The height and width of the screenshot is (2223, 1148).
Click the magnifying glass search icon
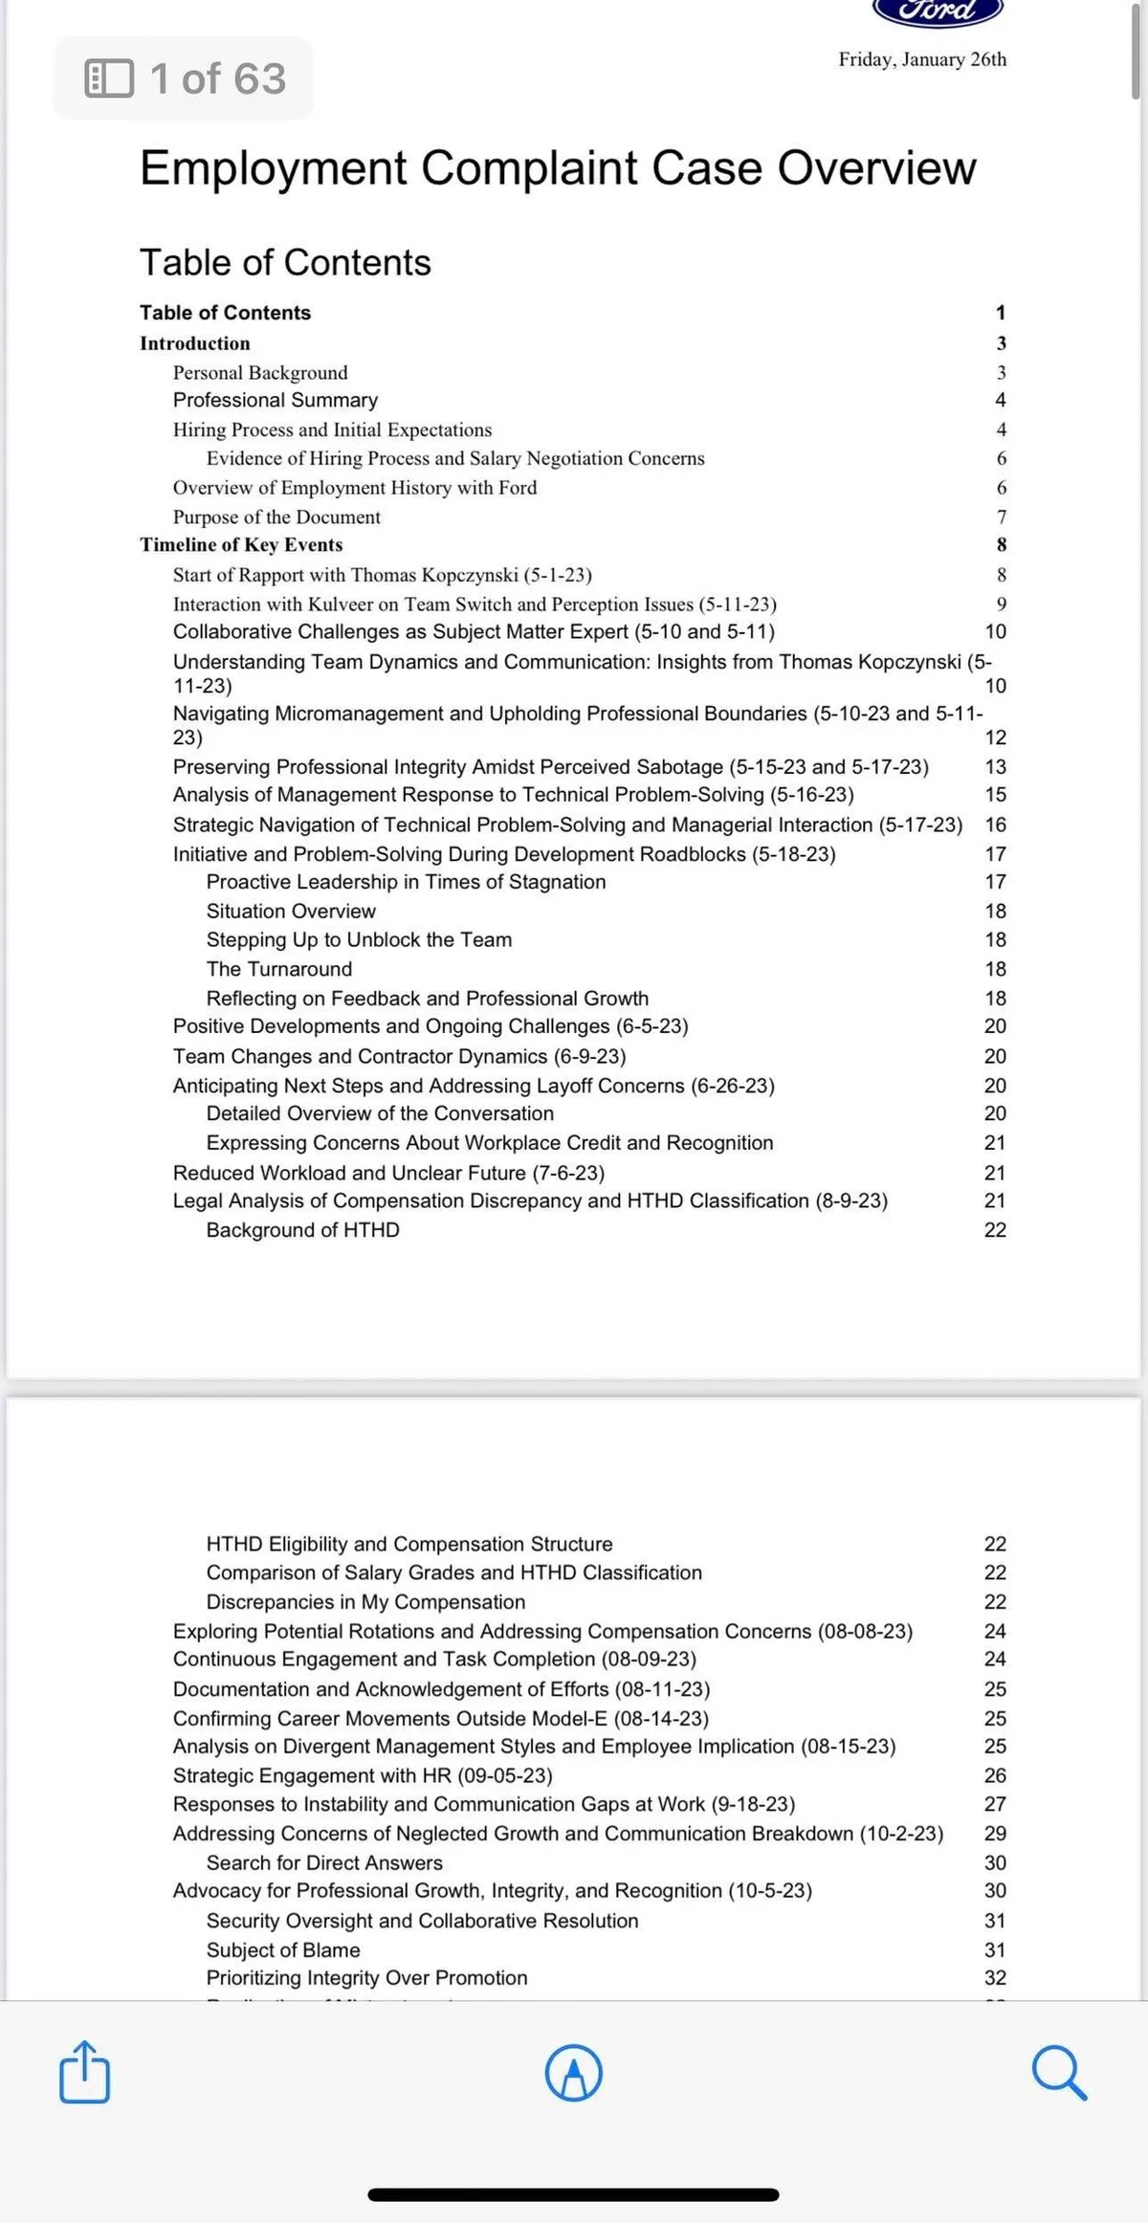point(1059,2073)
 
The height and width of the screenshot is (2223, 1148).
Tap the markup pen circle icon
point(573,2073)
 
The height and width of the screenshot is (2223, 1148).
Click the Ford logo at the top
point(938,11)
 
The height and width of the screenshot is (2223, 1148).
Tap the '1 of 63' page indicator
point(185,78)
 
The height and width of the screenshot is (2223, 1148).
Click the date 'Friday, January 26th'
point(922,59)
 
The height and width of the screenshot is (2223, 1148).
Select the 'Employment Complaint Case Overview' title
point(558,168)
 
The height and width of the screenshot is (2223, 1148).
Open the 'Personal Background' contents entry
point(260,373)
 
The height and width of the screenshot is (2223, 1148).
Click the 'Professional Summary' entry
point(276,400)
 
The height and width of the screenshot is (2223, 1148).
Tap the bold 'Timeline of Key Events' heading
point(241,545)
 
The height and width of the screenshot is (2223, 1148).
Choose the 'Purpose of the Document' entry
point(276,517)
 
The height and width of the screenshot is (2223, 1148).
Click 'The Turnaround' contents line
point(279,969)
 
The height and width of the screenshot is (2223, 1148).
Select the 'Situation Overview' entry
point(291,912)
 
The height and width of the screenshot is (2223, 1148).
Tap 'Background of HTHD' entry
point(303,1230)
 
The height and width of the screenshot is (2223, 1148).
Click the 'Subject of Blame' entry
point(283,1949)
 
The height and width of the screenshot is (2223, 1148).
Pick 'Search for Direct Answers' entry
point(324,1862)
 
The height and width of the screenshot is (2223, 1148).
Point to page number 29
point(995,1833)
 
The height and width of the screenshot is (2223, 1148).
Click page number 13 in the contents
point(995,767)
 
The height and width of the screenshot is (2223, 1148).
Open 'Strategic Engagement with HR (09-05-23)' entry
point(363,1775)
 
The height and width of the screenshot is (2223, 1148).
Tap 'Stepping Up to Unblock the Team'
point(359,940)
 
